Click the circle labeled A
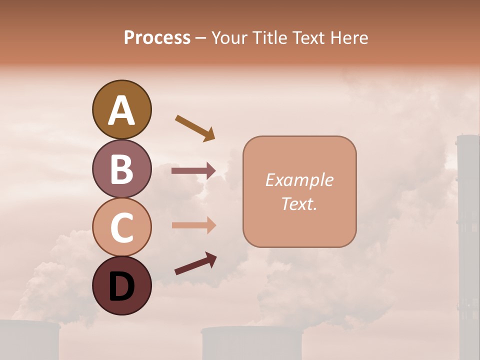point(121,110)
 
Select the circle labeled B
point(121,168)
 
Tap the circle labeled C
point(121,227)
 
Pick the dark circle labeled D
point(121,285)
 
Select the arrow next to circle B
point(193,171)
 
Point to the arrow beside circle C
point(193,225)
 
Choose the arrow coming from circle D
point(195,264)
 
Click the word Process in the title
point(157,37)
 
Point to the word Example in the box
point(299,180)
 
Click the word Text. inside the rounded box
point(299,204)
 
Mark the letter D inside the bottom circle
point(121,286)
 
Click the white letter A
point(121,110)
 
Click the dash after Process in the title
point(201,38)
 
